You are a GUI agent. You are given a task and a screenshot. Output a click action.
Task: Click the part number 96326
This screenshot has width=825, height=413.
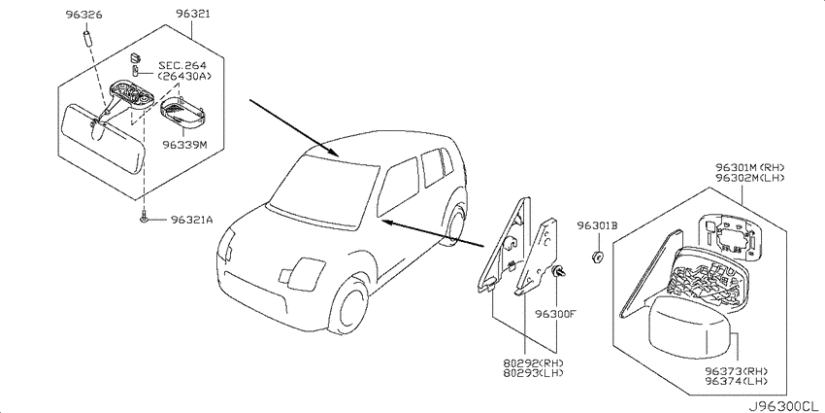[84, 15]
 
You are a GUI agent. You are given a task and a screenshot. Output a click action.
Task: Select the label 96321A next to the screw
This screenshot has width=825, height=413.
[191, 221]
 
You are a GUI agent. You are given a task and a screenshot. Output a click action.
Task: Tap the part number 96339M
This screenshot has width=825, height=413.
[184, 144]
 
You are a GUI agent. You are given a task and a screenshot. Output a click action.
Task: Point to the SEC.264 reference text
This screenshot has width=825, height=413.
[182, 65]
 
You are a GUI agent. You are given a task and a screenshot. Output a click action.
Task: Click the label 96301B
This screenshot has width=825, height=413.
[597, 226]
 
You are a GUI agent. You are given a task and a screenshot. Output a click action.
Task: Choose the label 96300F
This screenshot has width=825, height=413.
[556, 315]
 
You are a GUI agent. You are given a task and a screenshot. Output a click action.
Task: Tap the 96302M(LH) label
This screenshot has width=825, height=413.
[749, 178]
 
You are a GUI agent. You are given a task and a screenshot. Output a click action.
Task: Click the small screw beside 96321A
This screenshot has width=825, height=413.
[143, 216]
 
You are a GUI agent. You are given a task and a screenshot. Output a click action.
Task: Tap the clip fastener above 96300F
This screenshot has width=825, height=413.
[558, 272]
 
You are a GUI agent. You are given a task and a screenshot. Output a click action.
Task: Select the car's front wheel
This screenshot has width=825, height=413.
[348, 307]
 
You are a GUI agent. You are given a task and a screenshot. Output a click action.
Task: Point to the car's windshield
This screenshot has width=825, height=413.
[324, 191]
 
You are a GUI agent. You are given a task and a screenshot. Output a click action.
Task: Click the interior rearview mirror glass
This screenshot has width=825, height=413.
[103, 138]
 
